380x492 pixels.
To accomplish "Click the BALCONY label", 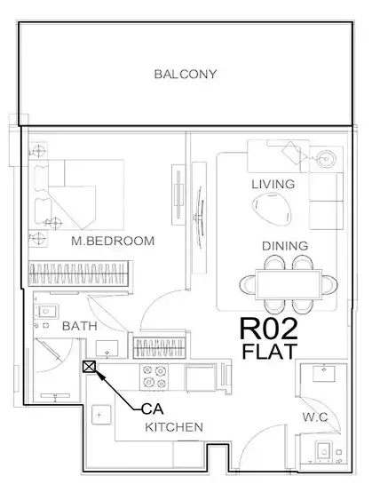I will pos(185,74).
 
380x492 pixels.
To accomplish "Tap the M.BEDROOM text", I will pos(114,241).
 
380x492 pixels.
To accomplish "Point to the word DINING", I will pos(284,246).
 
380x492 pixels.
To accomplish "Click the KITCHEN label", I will pos(174,427).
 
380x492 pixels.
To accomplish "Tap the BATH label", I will pos(80,327).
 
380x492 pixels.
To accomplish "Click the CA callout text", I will pos(152,409).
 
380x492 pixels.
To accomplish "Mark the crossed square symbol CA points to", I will pos(90,366).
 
